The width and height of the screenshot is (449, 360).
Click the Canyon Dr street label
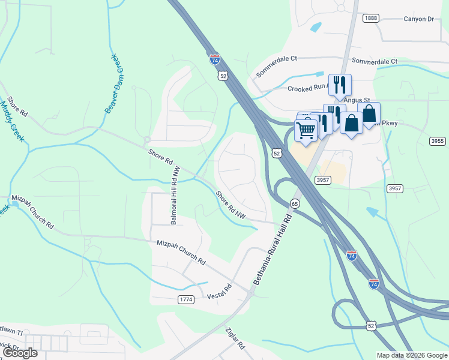click(419, 19)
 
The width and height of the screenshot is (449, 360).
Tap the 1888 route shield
click(370, 19)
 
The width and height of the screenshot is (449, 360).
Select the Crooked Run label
click(308, 88)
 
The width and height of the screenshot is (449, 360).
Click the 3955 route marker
click(438, 141)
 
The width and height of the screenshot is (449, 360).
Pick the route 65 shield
click(295, 204)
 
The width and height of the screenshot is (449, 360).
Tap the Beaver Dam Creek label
click(114, 83)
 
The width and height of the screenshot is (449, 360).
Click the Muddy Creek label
click(12, 119)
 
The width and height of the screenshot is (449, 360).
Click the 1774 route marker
click(186, 299)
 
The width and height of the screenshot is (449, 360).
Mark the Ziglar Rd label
click(235, 338)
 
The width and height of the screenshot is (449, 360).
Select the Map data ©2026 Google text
click(411, 355)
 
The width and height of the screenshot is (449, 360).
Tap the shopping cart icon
click(307, 129)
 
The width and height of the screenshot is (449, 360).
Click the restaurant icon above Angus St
click(340, 83)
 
